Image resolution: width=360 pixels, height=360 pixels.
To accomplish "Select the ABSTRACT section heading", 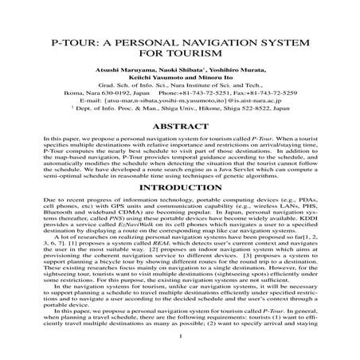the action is (180, 126).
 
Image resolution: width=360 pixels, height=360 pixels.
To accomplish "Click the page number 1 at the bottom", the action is (181, 347).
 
